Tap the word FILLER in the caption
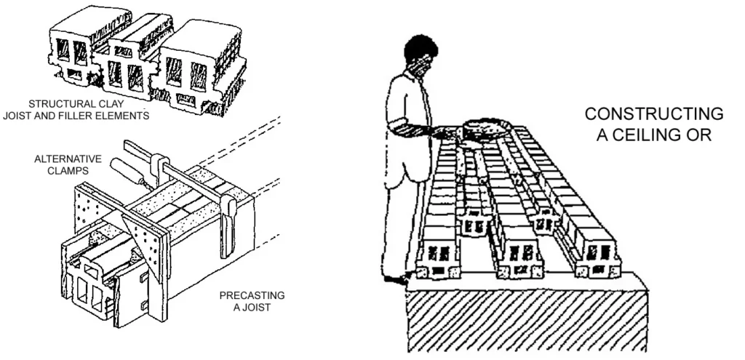coord(102,116)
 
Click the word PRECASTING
coord(252,296)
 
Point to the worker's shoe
coord(397,278)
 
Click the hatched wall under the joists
coord(524,313)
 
